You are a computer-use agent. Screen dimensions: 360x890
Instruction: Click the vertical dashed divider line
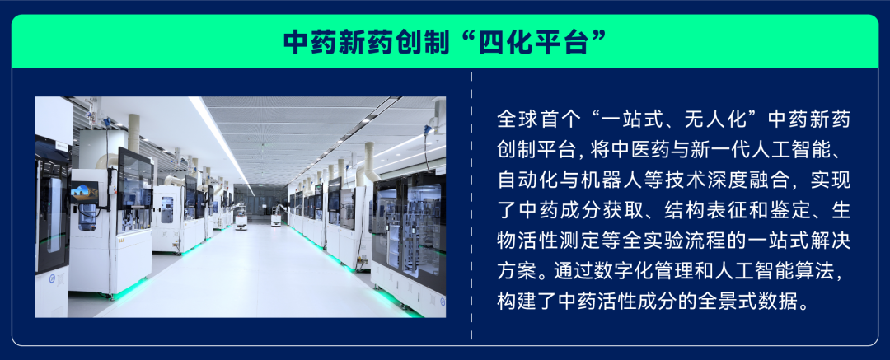471,206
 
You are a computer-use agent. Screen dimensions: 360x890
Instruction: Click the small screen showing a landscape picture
83,193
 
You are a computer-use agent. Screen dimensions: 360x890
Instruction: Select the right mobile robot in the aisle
278,217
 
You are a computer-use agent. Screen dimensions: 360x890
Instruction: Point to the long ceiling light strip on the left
222,140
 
